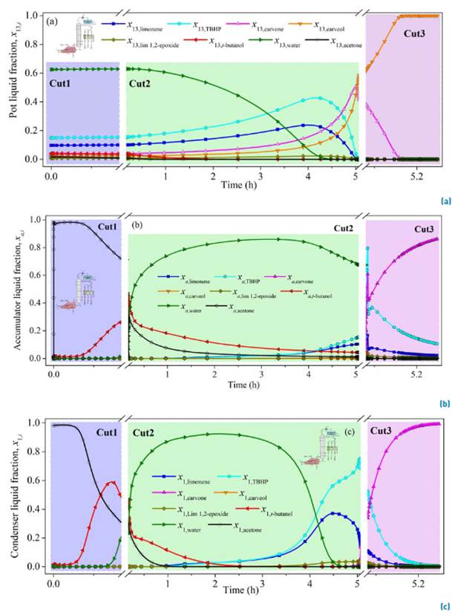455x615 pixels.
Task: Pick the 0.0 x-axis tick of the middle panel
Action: pos(53,377)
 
